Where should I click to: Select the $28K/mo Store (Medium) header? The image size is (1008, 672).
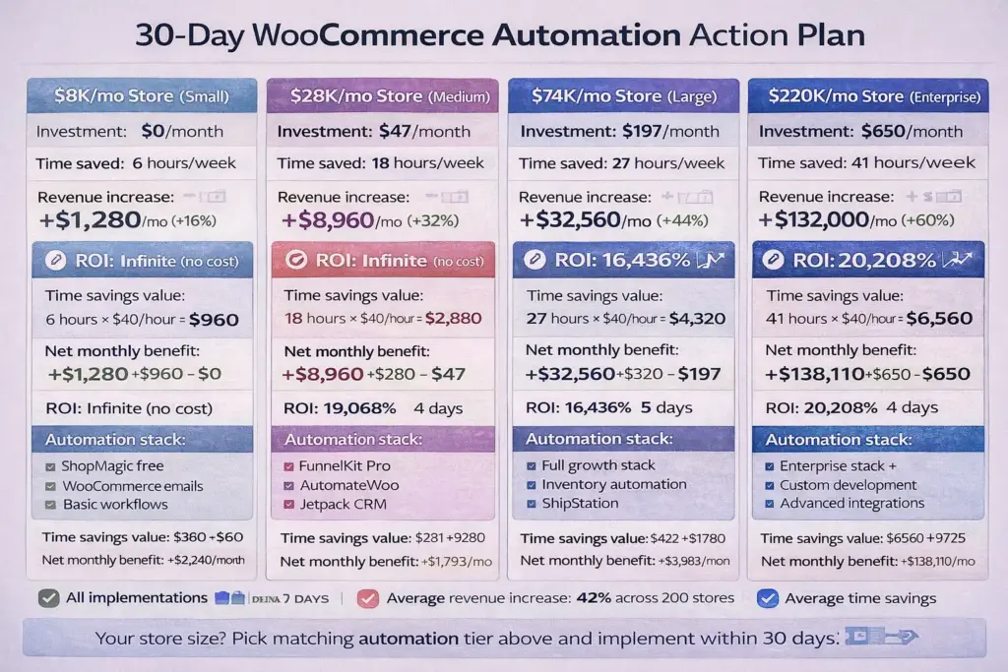point(382,95)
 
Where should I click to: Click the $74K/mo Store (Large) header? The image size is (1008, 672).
point(622,95)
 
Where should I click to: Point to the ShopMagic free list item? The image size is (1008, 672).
point(112,465)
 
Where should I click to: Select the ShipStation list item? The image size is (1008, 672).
point(580,503)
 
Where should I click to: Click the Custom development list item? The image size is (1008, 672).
point(848,484)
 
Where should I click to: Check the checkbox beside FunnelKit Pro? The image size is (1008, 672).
point(289,466)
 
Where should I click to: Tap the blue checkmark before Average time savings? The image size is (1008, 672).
point(769,597)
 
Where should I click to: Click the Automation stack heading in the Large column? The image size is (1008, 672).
point(598,439)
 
